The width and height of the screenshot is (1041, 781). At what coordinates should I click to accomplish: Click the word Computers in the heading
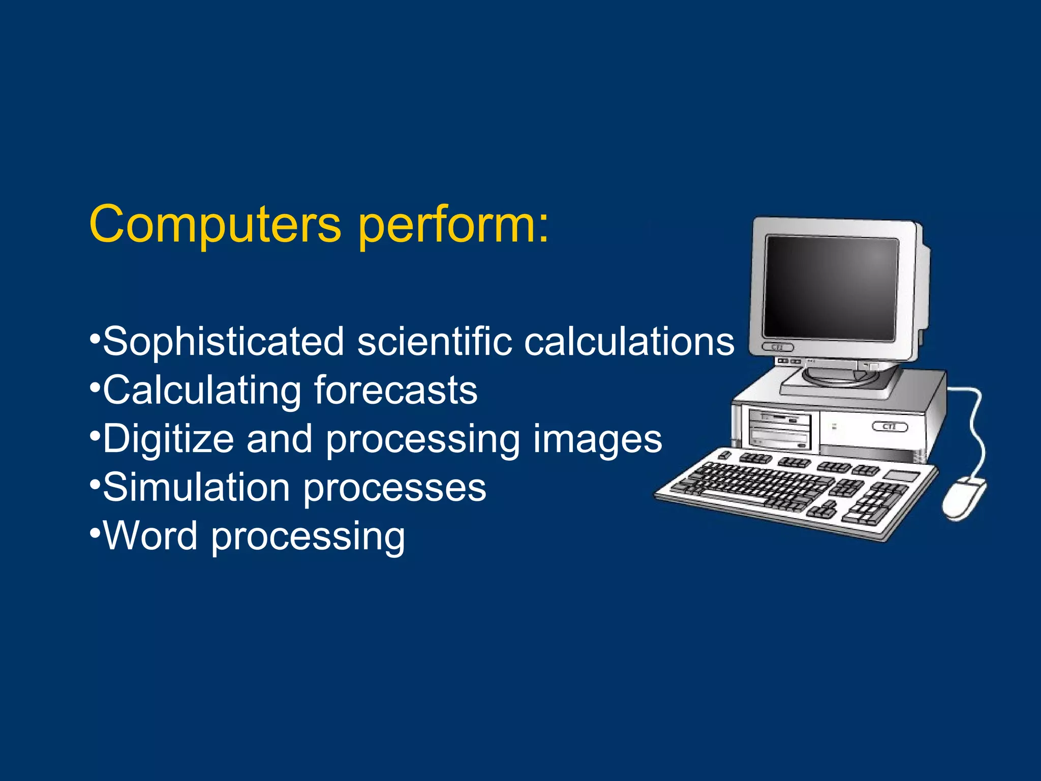[x=215, y=225]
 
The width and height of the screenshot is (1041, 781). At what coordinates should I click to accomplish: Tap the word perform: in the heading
[x=453, y=225]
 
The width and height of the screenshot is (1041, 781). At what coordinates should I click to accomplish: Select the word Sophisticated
[x=224, y=342]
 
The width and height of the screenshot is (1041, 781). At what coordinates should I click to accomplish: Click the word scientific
[x=434, y=342]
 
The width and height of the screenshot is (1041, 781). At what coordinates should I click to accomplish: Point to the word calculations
[x=629, y=342]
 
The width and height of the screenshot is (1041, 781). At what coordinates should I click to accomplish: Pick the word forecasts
[x=395, y=390]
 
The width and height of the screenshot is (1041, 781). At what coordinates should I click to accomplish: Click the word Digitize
[x=168, y=439]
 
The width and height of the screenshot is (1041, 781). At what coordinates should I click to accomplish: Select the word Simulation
[x=197, y=488]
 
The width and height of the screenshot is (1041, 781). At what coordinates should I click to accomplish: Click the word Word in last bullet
[x=150, y=536]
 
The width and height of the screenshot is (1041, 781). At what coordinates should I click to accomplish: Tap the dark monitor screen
[x=831, y=287]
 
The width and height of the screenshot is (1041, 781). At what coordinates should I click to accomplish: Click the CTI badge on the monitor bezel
[x=777, y=347]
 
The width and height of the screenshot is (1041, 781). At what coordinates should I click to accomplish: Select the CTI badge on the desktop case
[x=890, y=426]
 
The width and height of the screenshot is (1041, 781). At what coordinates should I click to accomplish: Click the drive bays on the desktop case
[x=779, y=430]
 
